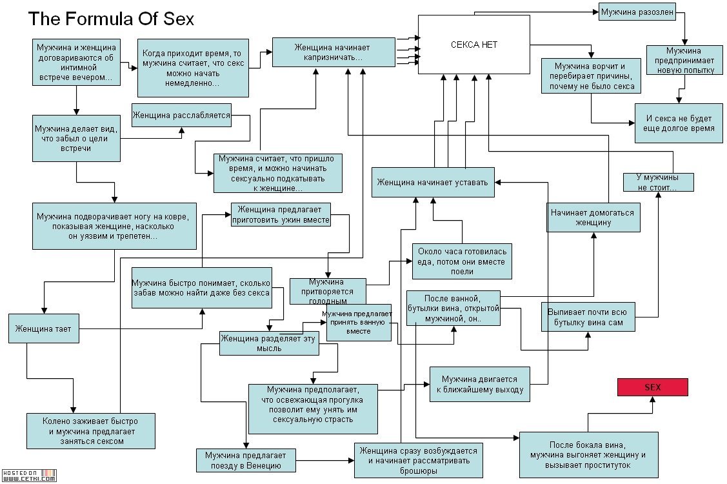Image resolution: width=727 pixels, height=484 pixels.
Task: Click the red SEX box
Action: click(x=652, y=387)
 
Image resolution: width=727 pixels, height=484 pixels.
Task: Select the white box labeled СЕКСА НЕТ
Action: click(x=474, y=45)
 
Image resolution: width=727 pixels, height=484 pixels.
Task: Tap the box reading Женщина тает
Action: click(x=44, y=328)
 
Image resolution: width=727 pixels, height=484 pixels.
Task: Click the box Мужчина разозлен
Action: click(x=637, y=12)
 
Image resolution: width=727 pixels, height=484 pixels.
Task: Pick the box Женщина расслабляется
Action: click(x=181, y=115)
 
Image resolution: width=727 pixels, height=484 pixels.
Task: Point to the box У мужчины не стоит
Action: click(x=659, y=183)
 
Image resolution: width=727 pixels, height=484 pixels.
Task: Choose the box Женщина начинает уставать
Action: click(x=433, y=183)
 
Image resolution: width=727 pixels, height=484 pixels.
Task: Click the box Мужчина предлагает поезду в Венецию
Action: click(x=246, y=460)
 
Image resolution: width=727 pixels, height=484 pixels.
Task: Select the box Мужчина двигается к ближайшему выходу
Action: click(x=480, y=384)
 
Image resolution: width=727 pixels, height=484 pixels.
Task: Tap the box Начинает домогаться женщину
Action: click(x=593, y=217)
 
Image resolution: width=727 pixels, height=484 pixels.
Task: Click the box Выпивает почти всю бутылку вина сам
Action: click(x=588, y=317)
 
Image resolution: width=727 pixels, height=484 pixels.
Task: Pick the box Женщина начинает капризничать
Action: click(x=334, y=52)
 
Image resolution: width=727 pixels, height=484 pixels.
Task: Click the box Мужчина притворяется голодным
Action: click(x=328, y=292)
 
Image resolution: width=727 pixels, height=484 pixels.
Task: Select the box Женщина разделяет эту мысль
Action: click(x=269, y=343)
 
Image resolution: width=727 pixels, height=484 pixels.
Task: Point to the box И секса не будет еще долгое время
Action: click(x=679, y=123)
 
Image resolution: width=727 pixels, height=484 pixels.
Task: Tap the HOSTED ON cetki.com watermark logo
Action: click(x=29, y=476)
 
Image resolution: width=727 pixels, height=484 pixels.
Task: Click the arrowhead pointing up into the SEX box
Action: click(x=652, y=401)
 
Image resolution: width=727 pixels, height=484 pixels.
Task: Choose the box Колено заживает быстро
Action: click(x=91, y=431)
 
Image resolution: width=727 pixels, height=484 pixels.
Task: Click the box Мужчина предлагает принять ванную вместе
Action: click(x=359, y=323)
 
